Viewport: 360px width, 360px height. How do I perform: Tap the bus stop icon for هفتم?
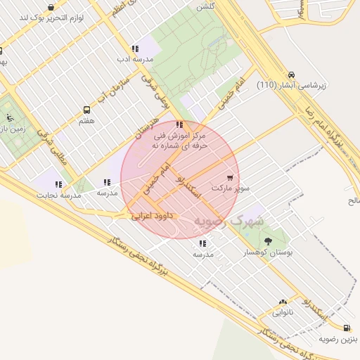click(x=87, y=110)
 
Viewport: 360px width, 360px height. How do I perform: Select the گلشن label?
click(x=205, y=6)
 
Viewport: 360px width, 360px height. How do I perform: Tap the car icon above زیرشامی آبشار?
click(x=291, y=75)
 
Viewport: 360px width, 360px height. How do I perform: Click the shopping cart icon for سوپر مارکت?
click(x=231, y=178)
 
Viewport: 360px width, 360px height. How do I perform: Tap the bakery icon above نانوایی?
click(x=283, y=302)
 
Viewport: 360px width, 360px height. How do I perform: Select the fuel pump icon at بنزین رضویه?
click(x=347, y=328)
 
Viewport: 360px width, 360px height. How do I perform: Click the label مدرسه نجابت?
click(x=57, y=195)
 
